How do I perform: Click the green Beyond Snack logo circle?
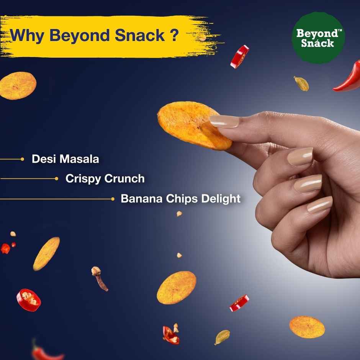click(x=318, y=38)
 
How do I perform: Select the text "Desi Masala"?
click(x=65, y=159)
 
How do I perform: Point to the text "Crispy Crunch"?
click(x=105, y=179)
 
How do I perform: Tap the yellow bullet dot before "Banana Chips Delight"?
click(x=113, y=199)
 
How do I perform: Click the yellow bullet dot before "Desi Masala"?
click(x=23, y=159)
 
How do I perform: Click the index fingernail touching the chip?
click(x=224, y=121)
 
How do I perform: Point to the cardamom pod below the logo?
click(x=301, y=84)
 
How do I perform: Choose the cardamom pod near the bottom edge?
click(x=222, y=337)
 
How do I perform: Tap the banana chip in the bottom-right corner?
click(x=307, y=327)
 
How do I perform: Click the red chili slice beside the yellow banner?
click(x=240, y=57)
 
